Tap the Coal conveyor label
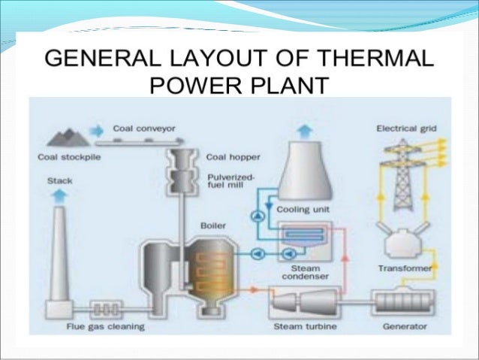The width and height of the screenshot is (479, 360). [x=144, y=129]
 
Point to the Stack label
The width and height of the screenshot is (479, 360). [x=59, y=181]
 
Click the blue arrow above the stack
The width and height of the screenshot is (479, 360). [x=59, y=195]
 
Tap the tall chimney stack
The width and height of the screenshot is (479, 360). [x=59, y=256]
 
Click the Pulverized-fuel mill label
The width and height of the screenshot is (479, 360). [x=231, y=180]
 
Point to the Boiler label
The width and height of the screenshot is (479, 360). [x=213, y=225]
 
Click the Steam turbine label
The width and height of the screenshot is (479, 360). [x=300, y=327]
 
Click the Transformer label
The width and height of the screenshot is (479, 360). [x=404, y=268]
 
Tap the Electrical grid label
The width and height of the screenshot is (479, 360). [x=406, y=129]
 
